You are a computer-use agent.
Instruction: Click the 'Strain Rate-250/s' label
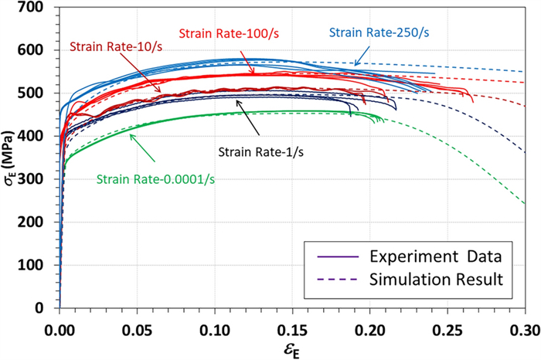[x=379, y=33]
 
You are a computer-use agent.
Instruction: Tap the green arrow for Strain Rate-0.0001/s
[x=144, y=148]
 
